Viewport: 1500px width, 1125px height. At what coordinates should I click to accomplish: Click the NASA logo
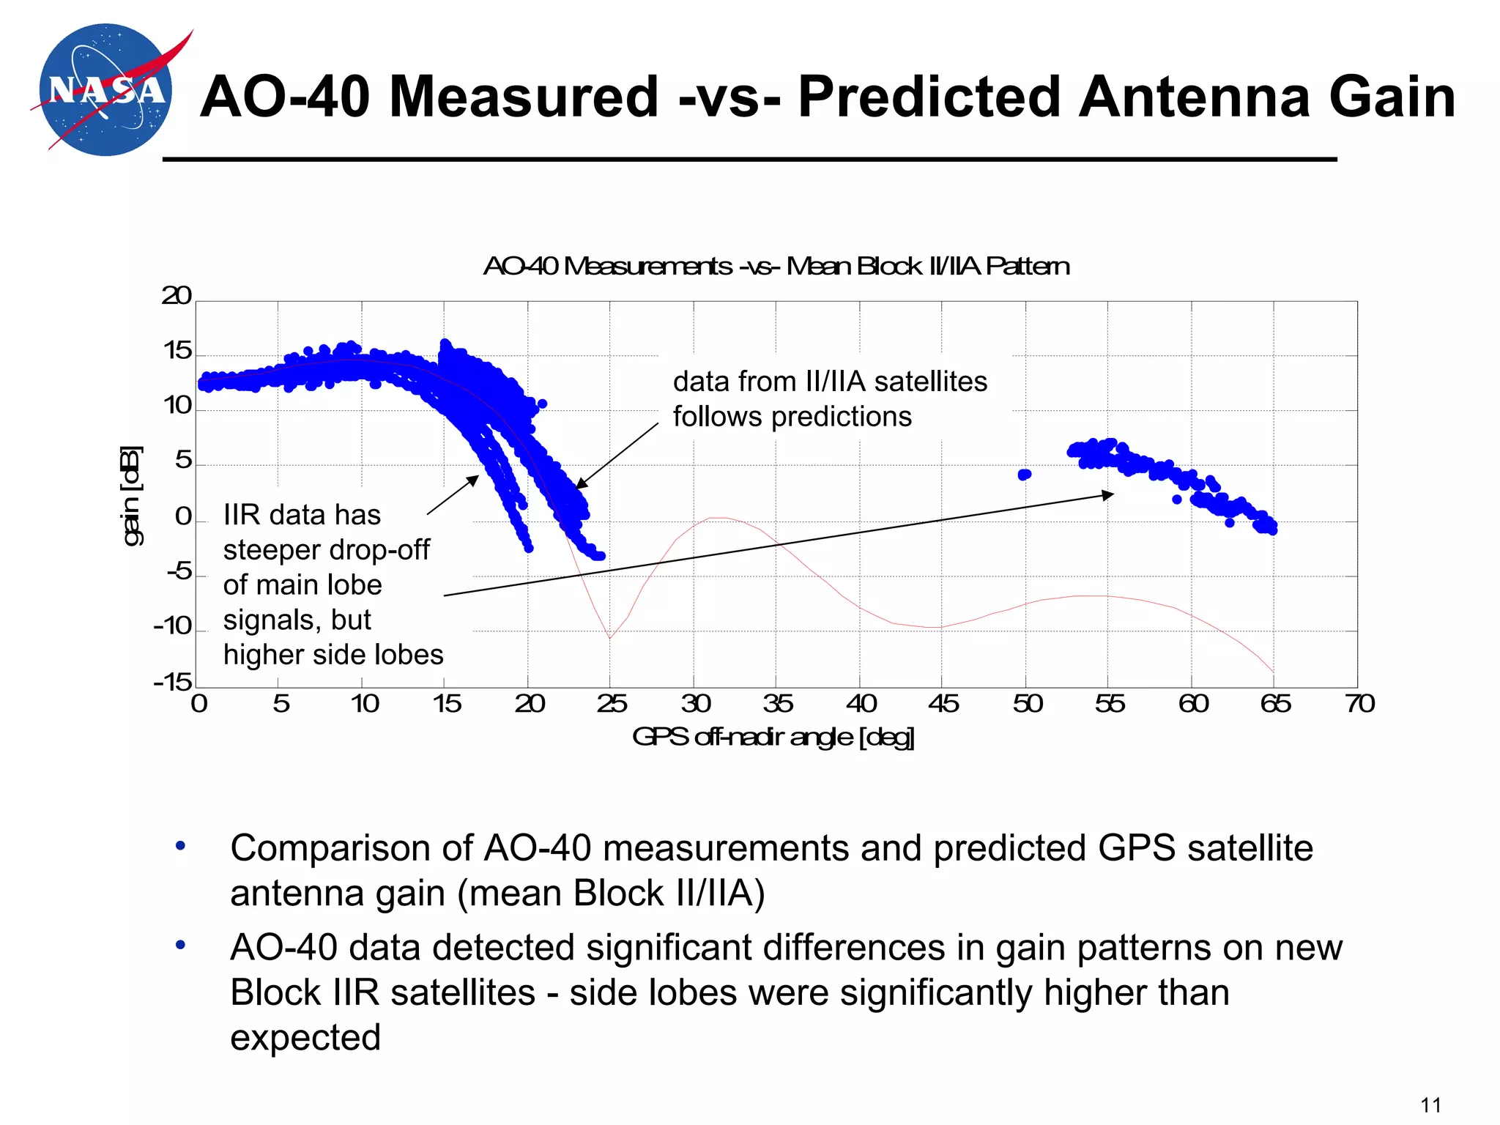coord(107,90)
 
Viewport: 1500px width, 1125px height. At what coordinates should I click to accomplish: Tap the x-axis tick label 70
coord(1359,704)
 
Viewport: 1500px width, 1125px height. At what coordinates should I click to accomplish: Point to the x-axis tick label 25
coord(611,704)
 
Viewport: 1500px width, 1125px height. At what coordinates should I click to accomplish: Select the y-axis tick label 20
coord(177,296)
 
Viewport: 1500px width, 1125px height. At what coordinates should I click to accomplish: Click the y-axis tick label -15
coord(173,683)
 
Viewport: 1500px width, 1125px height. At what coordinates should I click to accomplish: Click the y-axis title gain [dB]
coord(131,496)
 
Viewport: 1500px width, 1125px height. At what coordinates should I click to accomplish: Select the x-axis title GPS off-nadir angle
coord(773,737)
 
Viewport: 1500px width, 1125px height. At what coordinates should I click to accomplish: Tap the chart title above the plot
coord(776,266)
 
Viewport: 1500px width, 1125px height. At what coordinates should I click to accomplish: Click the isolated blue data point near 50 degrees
coord(1025,475)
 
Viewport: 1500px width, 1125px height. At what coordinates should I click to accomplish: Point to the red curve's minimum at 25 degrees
coord(609,638)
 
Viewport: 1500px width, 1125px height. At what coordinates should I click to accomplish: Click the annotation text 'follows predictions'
coord(792,417)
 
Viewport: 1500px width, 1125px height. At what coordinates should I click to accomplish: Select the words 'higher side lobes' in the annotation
coord(333,655)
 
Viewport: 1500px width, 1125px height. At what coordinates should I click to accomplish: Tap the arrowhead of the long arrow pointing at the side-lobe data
coord(1109,495)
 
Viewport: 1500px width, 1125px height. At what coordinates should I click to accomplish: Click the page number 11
coord(1430,1104)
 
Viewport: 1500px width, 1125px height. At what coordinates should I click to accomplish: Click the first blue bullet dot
coord(180,847)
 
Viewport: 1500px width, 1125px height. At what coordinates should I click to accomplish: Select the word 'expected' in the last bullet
coord(305,1038)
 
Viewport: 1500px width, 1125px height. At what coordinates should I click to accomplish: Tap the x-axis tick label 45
coord(943,704)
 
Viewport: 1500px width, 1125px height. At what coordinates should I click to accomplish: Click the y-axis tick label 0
coord(183,516)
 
